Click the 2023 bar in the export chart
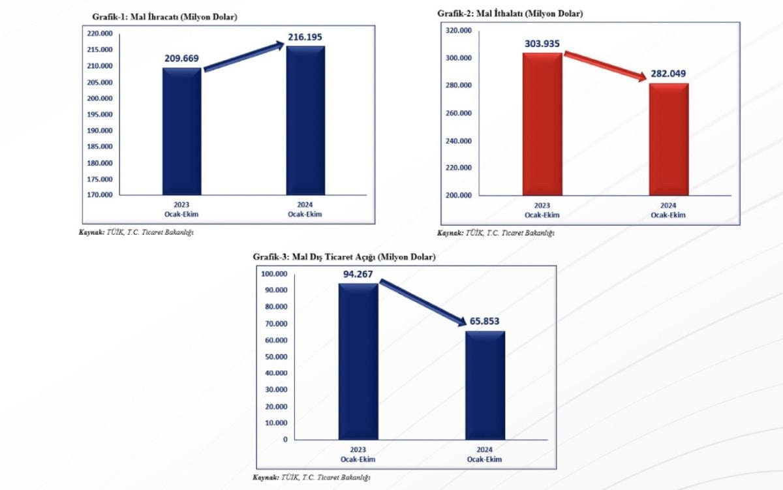coord(182,130)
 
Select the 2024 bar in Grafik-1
coord(305,120)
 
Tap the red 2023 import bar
coord(542,123)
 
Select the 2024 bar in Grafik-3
coord(485,385)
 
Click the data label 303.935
coord(542,44)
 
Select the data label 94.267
coord(358,274)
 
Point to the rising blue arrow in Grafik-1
coord(243,56)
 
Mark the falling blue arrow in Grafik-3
coord(422,302)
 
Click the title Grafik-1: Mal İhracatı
coord(160,17)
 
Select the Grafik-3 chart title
coord(344,257)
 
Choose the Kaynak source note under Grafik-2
coord(496,232)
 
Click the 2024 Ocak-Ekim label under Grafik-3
coord(484,455)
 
